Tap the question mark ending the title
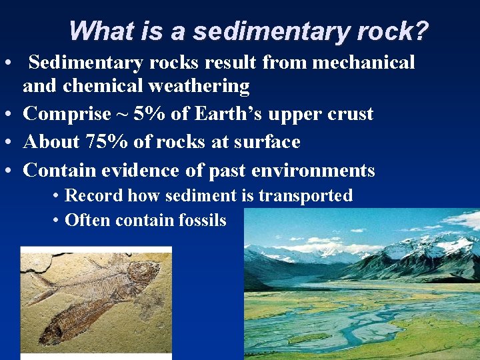tap(421, 31)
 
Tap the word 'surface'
tap(267, 142)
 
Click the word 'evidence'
tap(141, 171)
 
